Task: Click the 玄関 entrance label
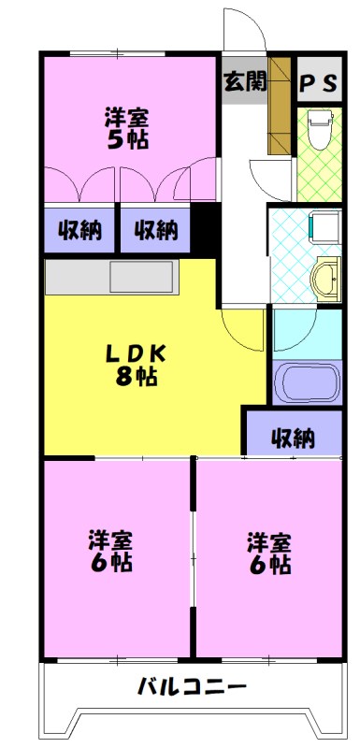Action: pyautogui.click(x=245, y=80)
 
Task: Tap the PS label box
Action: pyautogui.click(x=318, y=82)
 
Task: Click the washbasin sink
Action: pyautogui.click(x=326, y=278)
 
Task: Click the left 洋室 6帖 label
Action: pyautogui.click(x=110, y=552)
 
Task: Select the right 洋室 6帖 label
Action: pyautogui.click(x=268, y=552)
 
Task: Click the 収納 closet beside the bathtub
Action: pyautogui.click(x=293, y=436)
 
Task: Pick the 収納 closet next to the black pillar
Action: pyautogui.click(x=154, y=229)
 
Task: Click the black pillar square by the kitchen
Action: pyautogui.click(x=205, y=228)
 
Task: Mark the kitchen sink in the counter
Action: pyautogui.click(x=141, y=278)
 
